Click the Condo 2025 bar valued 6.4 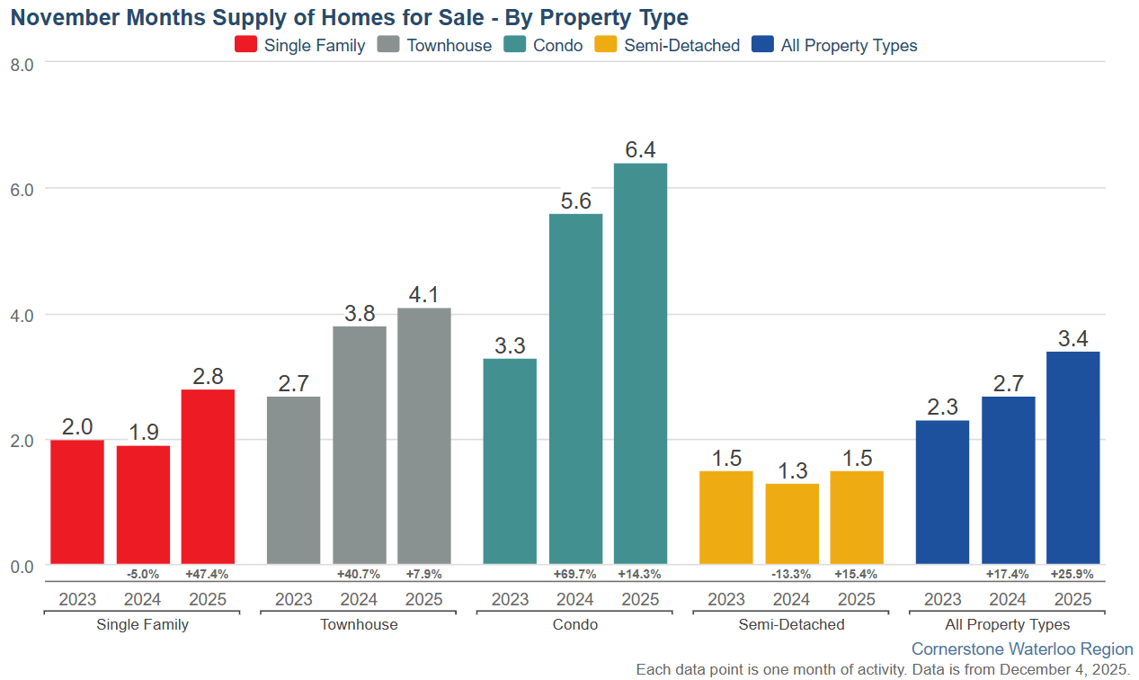point(640,363)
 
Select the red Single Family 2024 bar point(143,505)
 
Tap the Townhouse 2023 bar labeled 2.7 point(293,480)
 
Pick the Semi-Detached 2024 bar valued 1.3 point(792,524)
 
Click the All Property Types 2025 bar point(1072,458)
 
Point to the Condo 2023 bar point(510,461)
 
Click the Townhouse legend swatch point(389,45)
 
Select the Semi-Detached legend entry point(668,45)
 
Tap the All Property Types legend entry point(834,45)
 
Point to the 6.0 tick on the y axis point(22,190)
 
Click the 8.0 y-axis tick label point(22,64)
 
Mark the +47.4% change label point(207,574)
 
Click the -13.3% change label point(792,574)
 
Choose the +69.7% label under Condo point(575,574)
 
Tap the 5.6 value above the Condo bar point(575,202)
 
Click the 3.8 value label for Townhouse point(359,314)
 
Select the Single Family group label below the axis point(142,624)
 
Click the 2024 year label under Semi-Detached point(792,600)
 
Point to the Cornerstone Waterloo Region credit point(1022,649)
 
